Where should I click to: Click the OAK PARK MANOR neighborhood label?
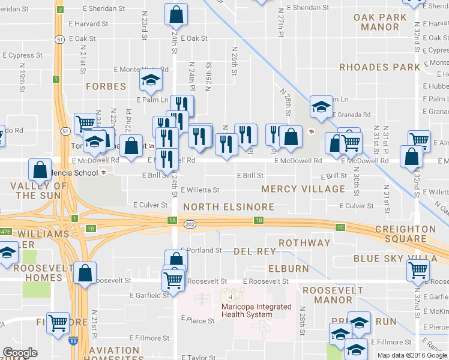[385, 22]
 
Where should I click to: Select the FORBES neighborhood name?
[106, 86]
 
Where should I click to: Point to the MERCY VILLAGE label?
[303, 189]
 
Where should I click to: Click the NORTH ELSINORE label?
[228, 207]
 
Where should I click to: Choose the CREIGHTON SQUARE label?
[406, 234]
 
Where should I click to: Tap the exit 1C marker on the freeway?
[340, 227]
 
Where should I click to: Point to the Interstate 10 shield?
[73, 341]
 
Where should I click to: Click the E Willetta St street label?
[200, 190]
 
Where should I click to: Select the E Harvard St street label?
[88, 24]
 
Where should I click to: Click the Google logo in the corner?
[20, 353]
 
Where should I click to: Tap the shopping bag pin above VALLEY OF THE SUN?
[40, 169]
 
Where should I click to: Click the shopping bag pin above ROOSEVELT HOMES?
[86, 272]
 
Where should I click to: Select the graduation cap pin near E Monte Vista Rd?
[149, 79]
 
